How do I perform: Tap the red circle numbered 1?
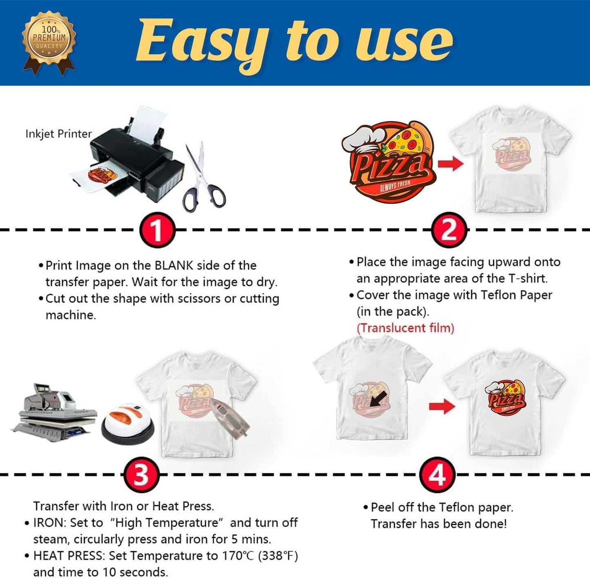(x=157, y=229)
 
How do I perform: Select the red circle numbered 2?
(x=449, y=229)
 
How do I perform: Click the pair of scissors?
(x=204, y=177)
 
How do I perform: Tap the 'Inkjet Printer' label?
(x=58, y=134)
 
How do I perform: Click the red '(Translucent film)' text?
(x=405, y=328)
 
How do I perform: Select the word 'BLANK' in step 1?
(x=174, y=266)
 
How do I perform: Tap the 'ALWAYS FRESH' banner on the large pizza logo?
(x=395, y=185)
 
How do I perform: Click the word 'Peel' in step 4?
(x=383, y=507)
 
